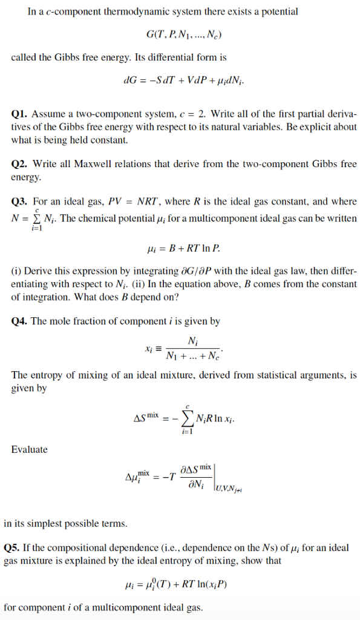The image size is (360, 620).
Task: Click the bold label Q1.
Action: pos(19,114)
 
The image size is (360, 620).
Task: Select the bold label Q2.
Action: pos(19,164)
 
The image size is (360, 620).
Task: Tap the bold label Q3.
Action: pos(19,202)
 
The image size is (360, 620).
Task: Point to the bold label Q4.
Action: pos(19,322)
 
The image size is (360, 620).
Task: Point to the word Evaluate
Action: pos(29,449)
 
